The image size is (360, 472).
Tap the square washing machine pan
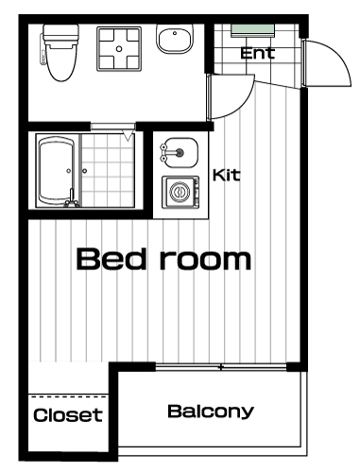click(119, 49)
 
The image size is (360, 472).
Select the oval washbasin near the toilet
click(175, 39)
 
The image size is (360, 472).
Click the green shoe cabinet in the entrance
click(253, 30)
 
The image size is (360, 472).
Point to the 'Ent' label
click(258, 53)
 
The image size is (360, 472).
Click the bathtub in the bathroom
click(57, 172)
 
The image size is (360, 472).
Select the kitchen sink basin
click(180, 153)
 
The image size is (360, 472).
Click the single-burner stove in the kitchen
click(180, 192)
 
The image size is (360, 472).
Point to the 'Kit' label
click(227, 176)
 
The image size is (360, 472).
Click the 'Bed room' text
click(163, 260)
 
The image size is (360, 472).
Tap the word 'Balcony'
click(211, 412)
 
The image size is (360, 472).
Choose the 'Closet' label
click(68, 415)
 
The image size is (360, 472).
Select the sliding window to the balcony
click(221, 367)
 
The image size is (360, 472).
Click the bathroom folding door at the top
click(112, 127)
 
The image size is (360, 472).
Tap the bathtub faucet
click(72, 199)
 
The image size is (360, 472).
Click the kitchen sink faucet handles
click(164, 153)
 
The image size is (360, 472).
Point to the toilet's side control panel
click(43, 49)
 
